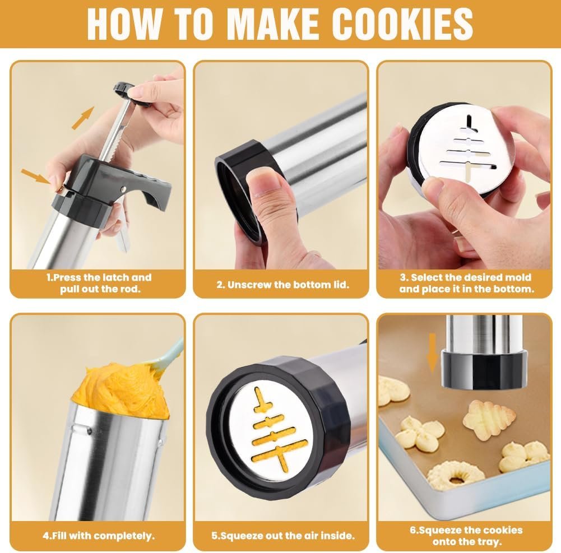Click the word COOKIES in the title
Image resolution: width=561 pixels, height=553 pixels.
(x=402, y=24)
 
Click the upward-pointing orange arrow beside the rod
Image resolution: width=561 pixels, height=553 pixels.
(x=83, y=118)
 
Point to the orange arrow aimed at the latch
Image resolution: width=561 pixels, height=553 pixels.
(x=36, y=176)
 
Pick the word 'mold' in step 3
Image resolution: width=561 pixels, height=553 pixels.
(x=519, y=277)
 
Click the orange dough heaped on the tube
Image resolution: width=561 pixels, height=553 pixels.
(x=121, y=391)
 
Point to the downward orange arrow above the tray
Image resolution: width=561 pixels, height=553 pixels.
(x=433, y=352)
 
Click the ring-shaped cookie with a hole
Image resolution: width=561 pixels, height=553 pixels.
(x=456, y=475)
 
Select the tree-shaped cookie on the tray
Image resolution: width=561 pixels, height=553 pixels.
(x=489, y=419)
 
